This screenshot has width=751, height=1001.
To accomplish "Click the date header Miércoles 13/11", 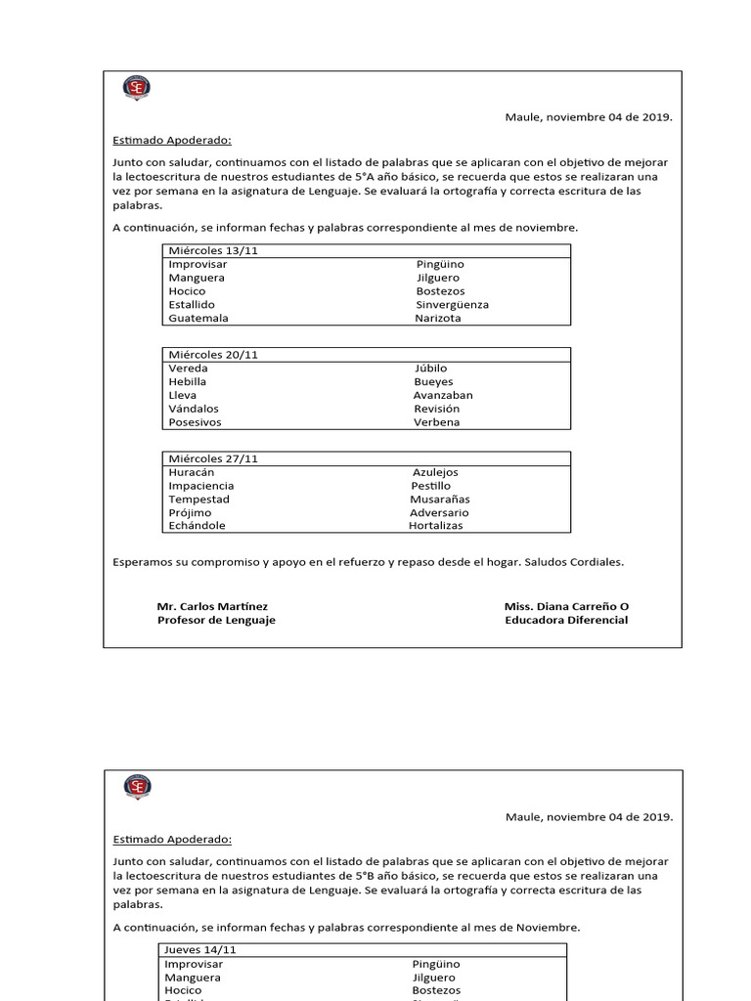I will tap(213, 251).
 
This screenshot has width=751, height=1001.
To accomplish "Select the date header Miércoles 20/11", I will tap(213, 355).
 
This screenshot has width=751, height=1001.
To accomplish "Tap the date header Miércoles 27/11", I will tap(213, 458).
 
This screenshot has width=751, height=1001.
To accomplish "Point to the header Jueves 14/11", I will tap(200, 950).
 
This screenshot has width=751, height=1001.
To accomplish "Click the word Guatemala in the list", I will tap(199, 319).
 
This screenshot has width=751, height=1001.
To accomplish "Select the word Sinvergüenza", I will tap(452, 305).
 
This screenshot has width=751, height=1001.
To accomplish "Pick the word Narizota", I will tap(438, 319).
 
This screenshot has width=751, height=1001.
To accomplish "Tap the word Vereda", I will tap(188, 369).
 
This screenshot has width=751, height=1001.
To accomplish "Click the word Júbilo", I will tap(430, 369).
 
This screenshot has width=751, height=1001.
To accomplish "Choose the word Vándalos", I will tap(194, 409).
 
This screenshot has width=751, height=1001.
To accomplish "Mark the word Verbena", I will tap(436, 422).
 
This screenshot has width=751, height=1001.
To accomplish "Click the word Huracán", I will tap(192, 472).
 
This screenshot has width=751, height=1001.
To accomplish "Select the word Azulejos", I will tap(435, 472).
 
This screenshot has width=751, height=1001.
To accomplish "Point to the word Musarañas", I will tap(440, 500).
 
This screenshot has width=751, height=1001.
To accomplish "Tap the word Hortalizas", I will tap(436, 526).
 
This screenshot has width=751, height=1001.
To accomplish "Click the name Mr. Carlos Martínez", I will tap(212, 607).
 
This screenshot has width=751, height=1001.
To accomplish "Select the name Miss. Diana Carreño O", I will tap(566, 607).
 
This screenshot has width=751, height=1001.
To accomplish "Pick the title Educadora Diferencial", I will tap(566, 621).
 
